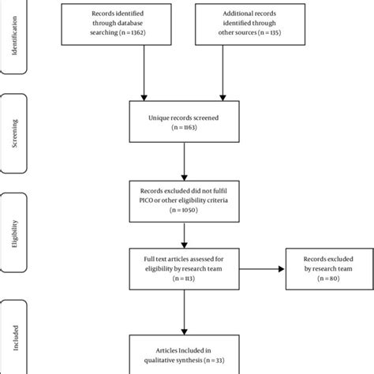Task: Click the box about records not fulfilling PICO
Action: point(183,199)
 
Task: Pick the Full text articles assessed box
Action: point(183,270)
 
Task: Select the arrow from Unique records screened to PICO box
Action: point(183,163)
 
